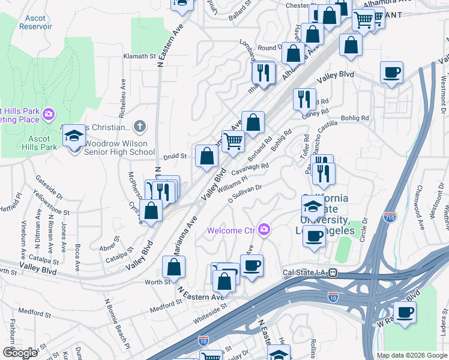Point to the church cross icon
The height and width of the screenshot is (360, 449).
139,127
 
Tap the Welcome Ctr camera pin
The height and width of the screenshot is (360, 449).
264,230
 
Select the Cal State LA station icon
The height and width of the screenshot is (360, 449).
333,273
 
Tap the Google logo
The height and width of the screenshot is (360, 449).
20,353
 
